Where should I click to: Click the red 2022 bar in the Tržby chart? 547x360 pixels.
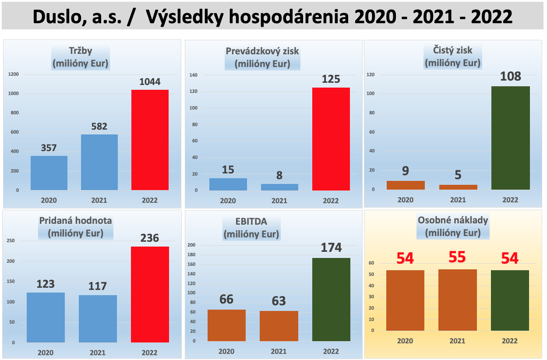[150, 140]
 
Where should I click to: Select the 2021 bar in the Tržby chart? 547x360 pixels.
[99, 162]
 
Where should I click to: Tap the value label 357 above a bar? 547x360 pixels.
[49, 148]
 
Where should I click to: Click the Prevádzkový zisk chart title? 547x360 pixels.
[262, 57]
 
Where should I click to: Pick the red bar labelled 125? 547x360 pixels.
[331, 139]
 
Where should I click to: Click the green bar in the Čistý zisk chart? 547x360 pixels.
[511, 138]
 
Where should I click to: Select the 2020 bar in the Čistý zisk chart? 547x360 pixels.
[406, 185]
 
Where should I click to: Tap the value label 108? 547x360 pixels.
[511, 77]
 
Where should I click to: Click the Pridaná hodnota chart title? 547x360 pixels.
[76, 227]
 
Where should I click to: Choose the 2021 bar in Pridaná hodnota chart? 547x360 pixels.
[98, 319]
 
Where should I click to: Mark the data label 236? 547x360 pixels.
[150, 238]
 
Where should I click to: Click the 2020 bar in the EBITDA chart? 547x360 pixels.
[226, 325]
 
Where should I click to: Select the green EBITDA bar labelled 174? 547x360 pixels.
[331, 300]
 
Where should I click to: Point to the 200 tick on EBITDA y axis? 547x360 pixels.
[191, 245]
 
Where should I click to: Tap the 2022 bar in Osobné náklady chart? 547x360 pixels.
[510, 300]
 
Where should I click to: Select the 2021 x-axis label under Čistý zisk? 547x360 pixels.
[458, 200]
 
